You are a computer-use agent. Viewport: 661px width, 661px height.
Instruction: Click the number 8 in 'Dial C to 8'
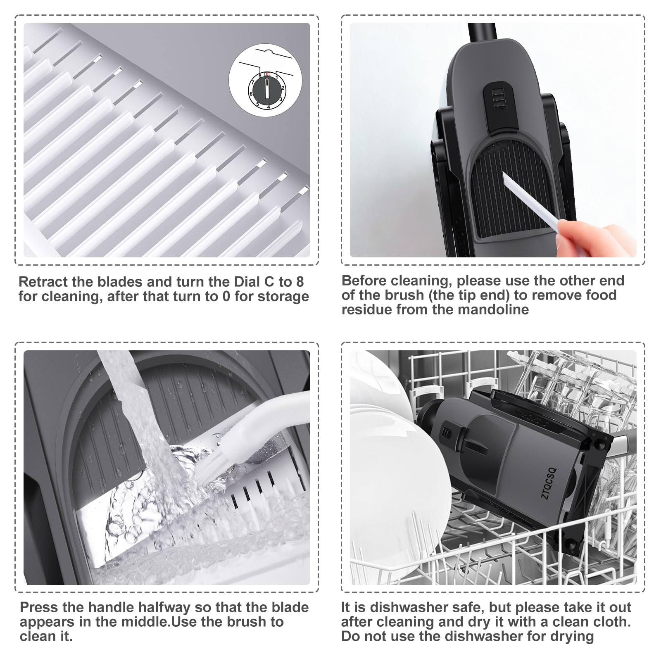[300, 282]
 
